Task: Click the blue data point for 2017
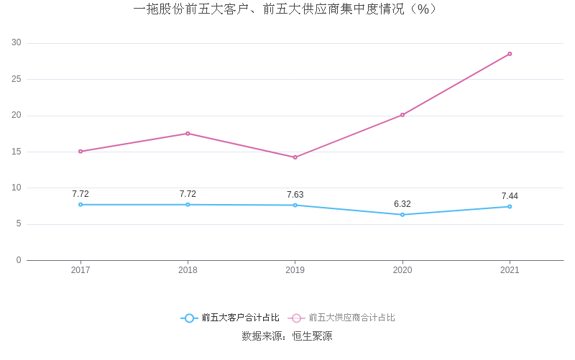coord(80,205)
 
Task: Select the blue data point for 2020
coord(402,215)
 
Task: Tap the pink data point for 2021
coord(510,54)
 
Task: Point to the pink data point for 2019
coord(295,157)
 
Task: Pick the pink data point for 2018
coord(188,134)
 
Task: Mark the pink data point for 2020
coord(402,115)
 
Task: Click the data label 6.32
coord(402,204)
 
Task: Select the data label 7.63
coord(295,195)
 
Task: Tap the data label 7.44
coord(510,196)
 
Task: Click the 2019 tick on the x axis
coord(295,270)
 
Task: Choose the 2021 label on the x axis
coord(510,270)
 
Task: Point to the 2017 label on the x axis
coord(80,270)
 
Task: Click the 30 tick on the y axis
coord(17,43)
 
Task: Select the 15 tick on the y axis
coord(17,152)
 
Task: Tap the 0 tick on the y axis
coord(19,260)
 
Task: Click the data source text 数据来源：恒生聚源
coord(287,336)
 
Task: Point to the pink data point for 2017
coord(80,152)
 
